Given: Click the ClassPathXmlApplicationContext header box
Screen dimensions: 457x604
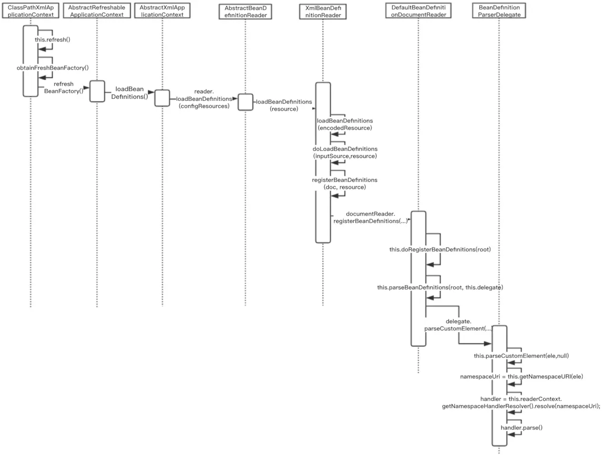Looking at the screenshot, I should (30, 11).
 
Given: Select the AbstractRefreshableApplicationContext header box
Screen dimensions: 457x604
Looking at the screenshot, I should (97, 11).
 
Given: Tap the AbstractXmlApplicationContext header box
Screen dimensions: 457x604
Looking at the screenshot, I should (162, 11).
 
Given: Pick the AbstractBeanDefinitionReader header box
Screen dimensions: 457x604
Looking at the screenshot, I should (246, 11).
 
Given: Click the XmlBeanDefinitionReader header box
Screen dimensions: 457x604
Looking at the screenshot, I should (323, 11).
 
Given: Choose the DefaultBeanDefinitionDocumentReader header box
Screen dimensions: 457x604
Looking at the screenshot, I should (418, 11).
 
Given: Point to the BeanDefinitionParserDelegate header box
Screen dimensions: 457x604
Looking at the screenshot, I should (499, 11).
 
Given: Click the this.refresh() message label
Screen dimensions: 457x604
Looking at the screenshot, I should (52, 40).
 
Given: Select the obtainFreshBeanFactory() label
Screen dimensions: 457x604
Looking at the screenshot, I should (52, 68).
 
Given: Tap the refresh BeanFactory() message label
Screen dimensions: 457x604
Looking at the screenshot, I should (63, 88).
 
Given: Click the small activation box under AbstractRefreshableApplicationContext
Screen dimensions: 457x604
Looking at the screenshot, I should (97, 91).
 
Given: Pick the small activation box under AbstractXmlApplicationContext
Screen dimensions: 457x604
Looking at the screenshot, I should (162, 98).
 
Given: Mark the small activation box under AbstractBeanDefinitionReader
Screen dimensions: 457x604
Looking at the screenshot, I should (246, 102).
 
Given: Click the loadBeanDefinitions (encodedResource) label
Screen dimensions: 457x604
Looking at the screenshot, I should (345, 124).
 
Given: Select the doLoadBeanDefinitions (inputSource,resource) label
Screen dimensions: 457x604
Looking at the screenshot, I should (345, 152).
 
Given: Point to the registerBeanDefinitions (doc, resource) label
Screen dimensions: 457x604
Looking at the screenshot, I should (345, 183).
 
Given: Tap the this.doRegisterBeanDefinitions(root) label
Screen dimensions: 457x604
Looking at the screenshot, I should (440, 249).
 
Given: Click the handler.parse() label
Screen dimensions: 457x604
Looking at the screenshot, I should (521, 427).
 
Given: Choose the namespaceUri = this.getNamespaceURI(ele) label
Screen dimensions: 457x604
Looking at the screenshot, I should (521, 377).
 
